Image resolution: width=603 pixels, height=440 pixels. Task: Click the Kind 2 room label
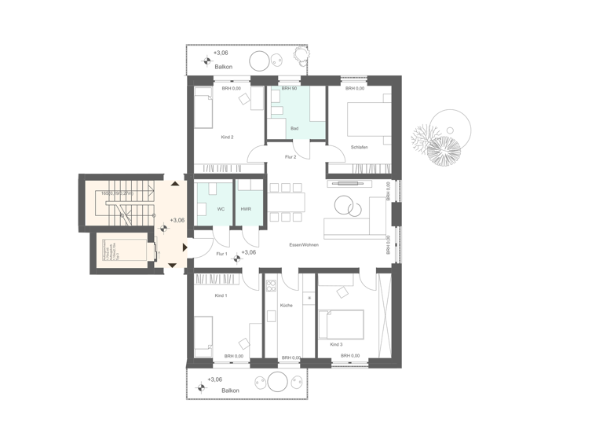pyautogui.click(x=227, y=137)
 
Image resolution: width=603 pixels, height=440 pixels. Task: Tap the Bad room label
pyautogui.click(x=294, y=128)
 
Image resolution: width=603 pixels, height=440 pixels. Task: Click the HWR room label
pyautogui.click(x=246, y=209)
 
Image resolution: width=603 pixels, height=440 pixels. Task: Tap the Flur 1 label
pyautogui.click(x=221, y=254)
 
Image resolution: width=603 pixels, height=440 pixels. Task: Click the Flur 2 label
pyautogui.click(x=290, y=157)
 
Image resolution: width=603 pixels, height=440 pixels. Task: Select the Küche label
pyautogui.click(x=286, y=305)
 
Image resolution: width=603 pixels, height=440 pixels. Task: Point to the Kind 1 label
pyautogui.click(x=221, y=295)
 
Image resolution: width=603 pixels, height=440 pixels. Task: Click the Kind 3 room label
pyautogui.click(x=336, y=344)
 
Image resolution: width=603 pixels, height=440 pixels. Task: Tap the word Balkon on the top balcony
pyautogui.click(x=223, y=67)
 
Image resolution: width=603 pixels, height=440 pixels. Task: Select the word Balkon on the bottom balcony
pyautogui.click(x=230, y=390)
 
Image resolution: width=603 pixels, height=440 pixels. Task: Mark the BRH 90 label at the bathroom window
pyautogui.click(x=289, y=89)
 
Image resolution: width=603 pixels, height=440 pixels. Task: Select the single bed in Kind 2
pyautogui.click(x=203, y=108)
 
